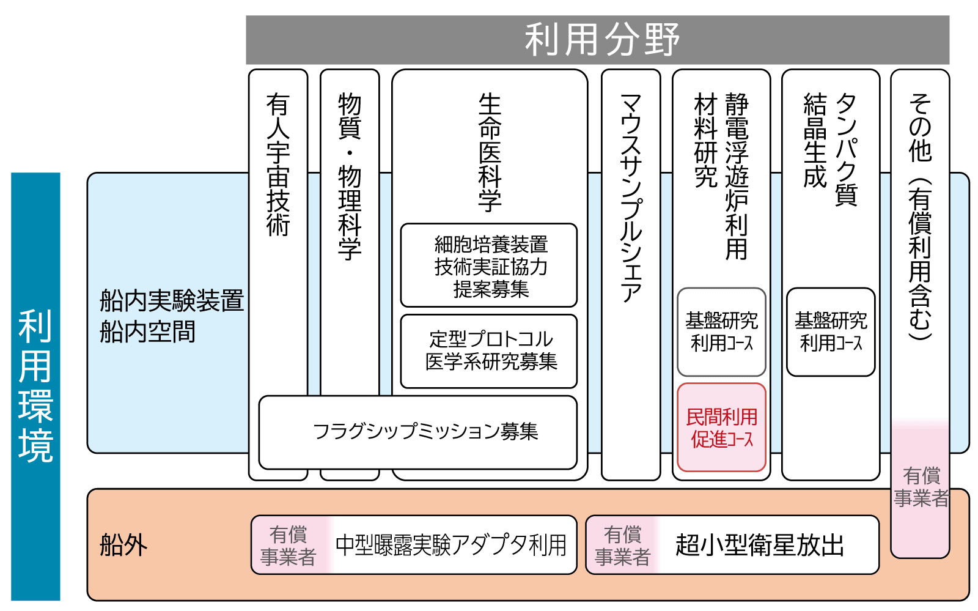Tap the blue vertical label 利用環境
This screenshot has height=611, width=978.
pos(35,386)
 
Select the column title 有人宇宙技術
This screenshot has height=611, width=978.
pos(278,165)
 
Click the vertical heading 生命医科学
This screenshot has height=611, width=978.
pos(490,152)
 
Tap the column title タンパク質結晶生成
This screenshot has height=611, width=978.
pos(831,149)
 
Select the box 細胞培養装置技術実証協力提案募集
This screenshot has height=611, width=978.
pos(489,266)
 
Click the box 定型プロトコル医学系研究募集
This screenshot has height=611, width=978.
pos(489,351)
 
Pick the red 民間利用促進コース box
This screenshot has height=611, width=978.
pos(721,428)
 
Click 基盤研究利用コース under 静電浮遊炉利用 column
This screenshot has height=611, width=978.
pos(721,331)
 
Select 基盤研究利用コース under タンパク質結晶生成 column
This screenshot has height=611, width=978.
pos(831,331)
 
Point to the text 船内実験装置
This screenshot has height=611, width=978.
pos(172,301)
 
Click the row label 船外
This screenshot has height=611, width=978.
pos(123,545)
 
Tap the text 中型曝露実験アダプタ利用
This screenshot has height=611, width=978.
pos(451,545)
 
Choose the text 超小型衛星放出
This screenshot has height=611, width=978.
pos(759,545)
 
